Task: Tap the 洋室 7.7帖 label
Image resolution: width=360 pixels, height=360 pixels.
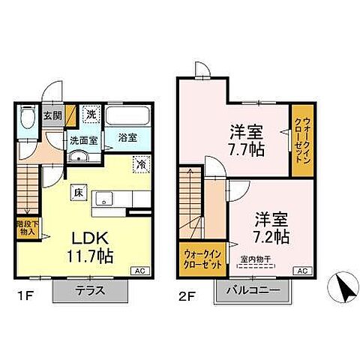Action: click(x=247, y=139)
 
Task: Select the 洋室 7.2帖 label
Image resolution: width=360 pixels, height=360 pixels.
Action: click(x=271, y=226)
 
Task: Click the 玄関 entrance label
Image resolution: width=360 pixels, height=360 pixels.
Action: click(x=51, y=115)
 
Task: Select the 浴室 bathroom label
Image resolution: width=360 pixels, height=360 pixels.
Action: click(x=127, y=137)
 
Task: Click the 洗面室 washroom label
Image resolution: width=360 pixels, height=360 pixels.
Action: click(x=84, y=139)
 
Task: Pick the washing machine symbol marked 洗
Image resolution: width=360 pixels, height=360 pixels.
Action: click(x=90, y=115)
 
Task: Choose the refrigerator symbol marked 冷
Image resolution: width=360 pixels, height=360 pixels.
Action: click(x=140, y=163)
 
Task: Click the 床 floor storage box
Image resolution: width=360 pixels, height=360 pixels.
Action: click(x=78, y=192)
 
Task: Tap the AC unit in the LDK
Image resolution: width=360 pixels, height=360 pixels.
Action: click(x=139, y=271)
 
